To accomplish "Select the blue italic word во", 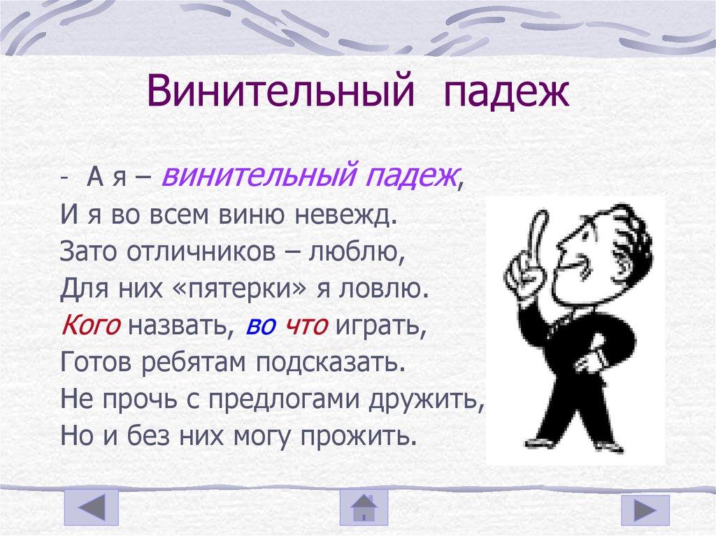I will pyautogui.click(x=258, y=324).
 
